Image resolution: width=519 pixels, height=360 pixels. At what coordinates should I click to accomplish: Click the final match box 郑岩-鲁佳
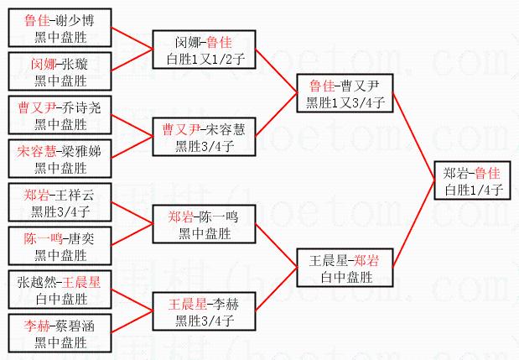click(x=472, y=180)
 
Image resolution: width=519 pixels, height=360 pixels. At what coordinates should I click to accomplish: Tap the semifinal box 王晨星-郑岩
click(x=345, y=268)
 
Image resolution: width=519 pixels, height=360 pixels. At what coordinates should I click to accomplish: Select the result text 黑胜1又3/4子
click(x=345, y=102)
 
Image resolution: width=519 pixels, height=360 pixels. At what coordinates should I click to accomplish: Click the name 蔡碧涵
click(x=71, y=326)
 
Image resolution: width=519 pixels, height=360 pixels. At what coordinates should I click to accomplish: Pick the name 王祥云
click(x=71, y=195)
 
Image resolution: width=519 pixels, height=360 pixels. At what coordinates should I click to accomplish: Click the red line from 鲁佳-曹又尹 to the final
click(x=413, y=126)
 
